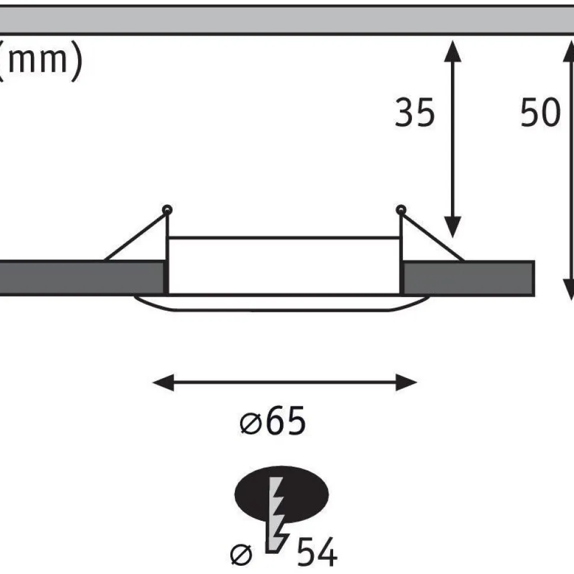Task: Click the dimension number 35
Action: click(415, 112)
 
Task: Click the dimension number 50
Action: click(540, 112)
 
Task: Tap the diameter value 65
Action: click(286, 421)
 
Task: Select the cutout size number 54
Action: click(317, 552)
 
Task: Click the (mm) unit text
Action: click(40, 60)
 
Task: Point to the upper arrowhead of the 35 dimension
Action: click(453, 51)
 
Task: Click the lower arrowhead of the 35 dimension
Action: click(453, 227)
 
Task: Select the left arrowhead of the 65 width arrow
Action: click(163, 382)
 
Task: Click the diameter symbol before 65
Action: click(251, 424)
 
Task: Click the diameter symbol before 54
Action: click(241, 554)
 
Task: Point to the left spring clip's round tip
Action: click(167, 210)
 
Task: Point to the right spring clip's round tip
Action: click(401, 210)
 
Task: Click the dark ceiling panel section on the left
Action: click(81, 278)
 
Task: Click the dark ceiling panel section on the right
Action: click(469, 278)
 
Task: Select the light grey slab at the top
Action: click(287, 20)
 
